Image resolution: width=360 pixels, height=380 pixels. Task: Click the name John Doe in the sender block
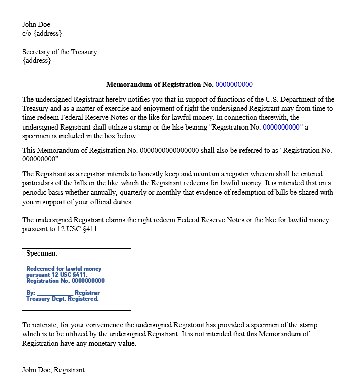(x=36, y=24)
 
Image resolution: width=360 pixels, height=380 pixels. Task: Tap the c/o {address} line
(x=42, y=33)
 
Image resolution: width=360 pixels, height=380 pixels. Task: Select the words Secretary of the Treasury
(x=59, y=52)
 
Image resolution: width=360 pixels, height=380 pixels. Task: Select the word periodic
(x=35, y=193)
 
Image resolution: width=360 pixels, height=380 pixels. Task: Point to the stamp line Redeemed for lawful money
(x=64, y=269)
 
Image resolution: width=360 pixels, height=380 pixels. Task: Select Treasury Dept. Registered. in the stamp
(x=62, y=299)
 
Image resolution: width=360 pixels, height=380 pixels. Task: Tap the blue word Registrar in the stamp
(x=87, y=293)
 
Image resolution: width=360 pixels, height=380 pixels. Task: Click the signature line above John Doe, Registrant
(x=68, y=364)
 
